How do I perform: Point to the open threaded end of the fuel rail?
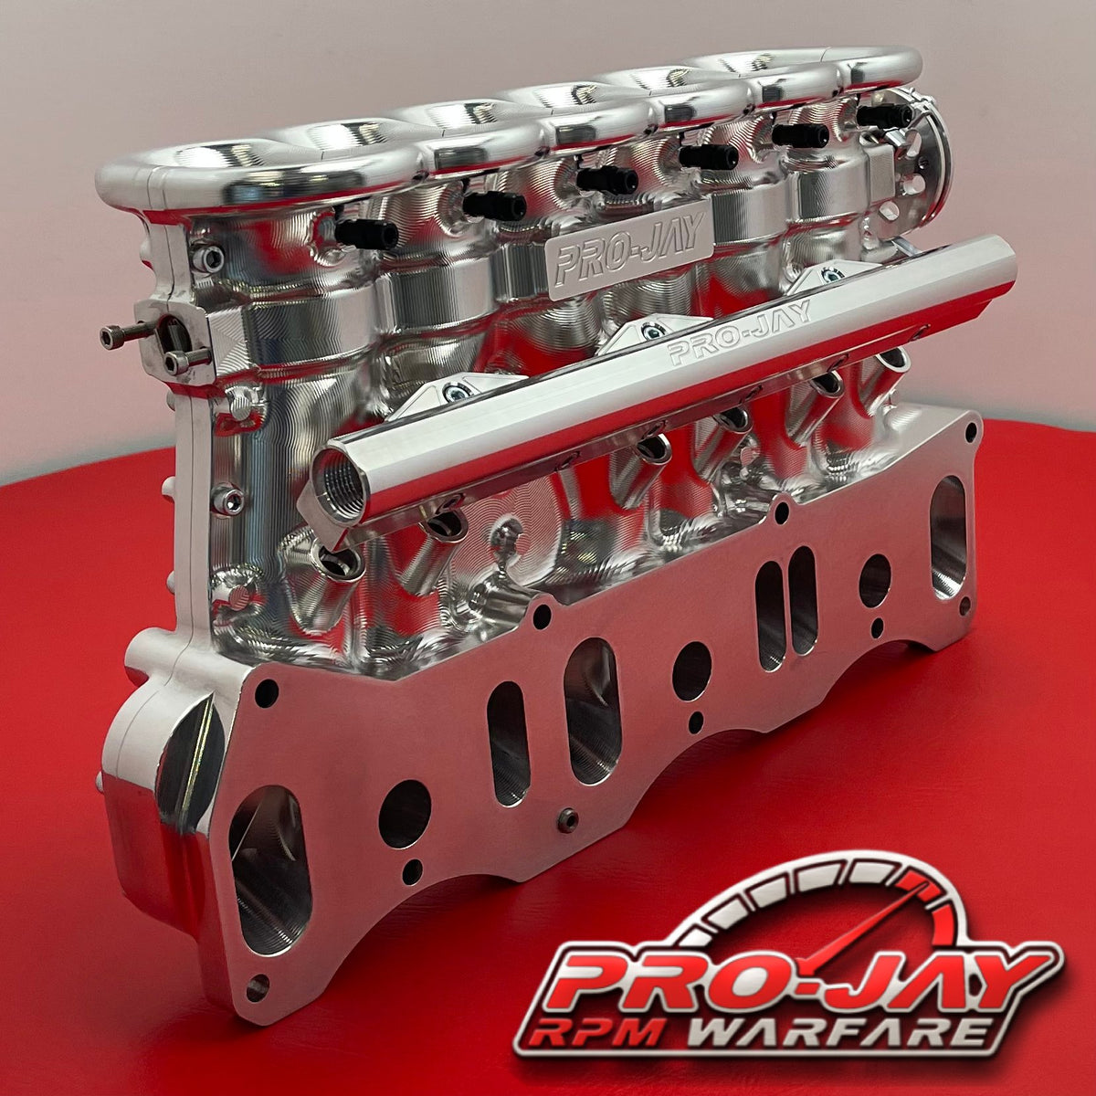coord(340,476)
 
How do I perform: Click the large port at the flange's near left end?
coord(269,868)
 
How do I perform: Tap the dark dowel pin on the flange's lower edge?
coord(568,819)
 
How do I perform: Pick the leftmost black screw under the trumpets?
coord(365,234)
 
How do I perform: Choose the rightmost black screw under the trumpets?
coord(884,115)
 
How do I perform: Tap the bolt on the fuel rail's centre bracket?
coord(648,332)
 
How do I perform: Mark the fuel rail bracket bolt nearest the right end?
coord(829,275)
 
